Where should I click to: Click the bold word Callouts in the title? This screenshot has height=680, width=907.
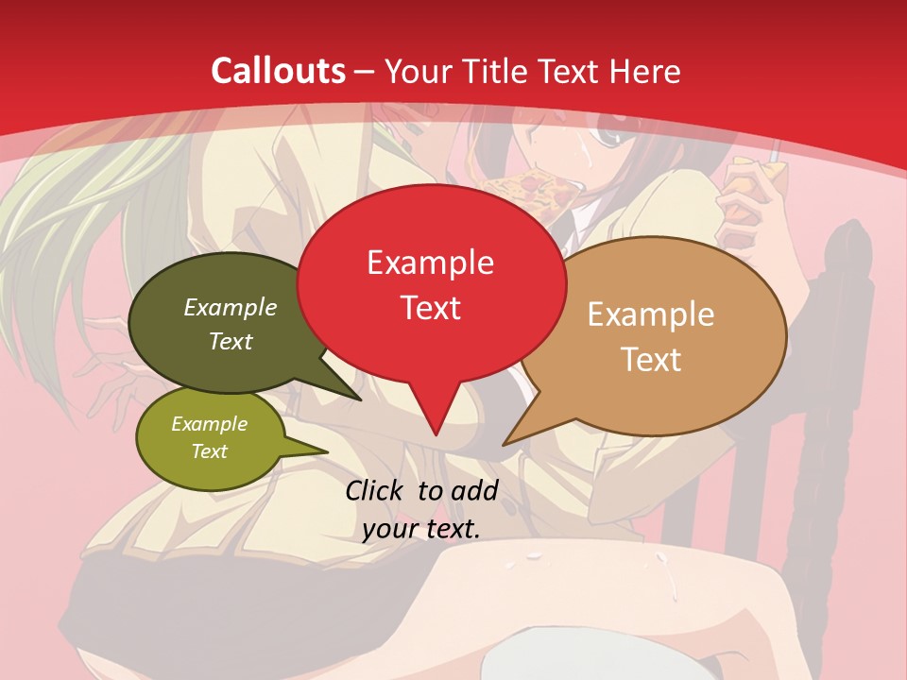278,71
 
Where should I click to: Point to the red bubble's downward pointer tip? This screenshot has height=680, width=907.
436,435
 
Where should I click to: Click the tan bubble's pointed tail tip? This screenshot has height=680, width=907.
504,444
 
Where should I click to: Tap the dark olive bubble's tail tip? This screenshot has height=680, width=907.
360,399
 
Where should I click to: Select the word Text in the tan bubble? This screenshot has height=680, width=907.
650,359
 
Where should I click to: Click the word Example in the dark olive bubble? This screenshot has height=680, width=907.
231,307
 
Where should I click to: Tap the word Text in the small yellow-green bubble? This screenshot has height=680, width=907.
210,451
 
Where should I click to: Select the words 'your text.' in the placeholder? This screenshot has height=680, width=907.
421,529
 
